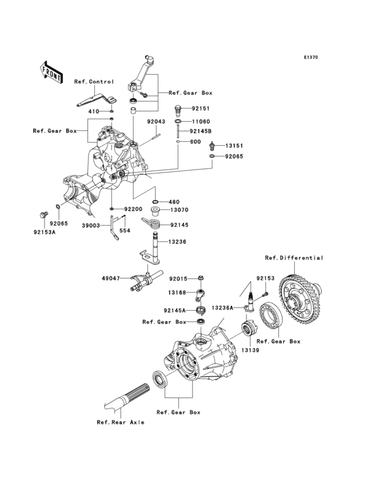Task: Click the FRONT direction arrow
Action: pos(52,70)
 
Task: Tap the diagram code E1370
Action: pos(310,58)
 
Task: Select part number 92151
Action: pos(200,108)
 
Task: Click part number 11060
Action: pos(200,122)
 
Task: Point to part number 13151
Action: pos(235,147)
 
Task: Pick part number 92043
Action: pos(155,122)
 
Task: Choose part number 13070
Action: pos(179,211)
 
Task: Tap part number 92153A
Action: pos(46,231)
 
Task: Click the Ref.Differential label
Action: pos(294,258)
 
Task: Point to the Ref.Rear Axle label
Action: pos(121,422)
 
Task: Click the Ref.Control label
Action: pos(94,82)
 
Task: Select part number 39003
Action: pos(92,224)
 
